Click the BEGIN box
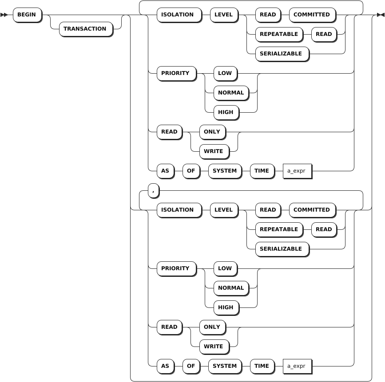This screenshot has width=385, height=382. point(27,15)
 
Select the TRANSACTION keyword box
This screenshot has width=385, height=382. point(85,29)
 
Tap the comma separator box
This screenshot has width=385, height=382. point(153,191)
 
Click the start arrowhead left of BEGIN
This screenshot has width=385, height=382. point(4,15)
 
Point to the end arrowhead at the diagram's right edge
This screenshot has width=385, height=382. point(381,15)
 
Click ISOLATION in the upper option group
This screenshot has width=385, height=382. point(178,15)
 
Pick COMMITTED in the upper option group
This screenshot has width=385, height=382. point(312,15)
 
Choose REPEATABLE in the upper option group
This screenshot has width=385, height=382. point(279,34)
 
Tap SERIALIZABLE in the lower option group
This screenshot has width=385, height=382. point(281,249)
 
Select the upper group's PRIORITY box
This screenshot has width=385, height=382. point(175,73)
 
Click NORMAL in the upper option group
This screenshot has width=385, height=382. point(231,93)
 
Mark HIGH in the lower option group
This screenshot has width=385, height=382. point(226,307)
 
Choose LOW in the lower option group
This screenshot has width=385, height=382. point(225,268)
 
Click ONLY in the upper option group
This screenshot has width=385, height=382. point(212,132)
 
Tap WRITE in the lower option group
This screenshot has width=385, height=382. point(214,347)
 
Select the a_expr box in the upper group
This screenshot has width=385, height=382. point(297,171)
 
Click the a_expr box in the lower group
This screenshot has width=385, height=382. point(297,366)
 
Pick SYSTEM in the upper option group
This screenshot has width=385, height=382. point(225,171)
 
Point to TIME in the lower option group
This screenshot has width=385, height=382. point(262,366)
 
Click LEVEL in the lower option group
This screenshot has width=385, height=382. point(224,210)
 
